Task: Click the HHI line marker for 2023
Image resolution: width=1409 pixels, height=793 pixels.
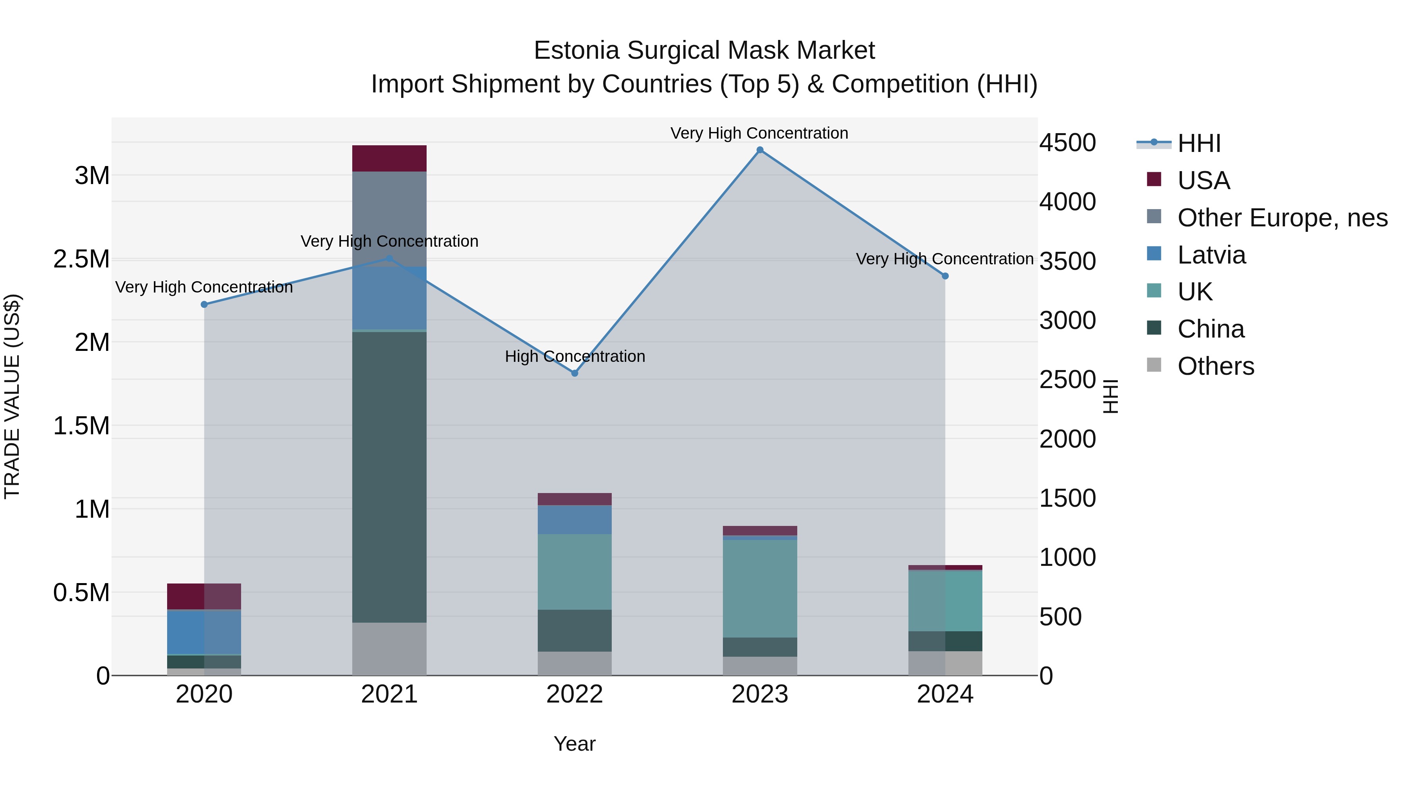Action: point(760,150)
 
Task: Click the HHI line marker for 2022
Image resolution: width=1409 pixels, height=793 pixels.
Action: point(574,373)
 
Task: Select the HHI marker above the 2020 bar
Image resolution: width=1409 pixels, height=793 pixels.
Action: point(204,304)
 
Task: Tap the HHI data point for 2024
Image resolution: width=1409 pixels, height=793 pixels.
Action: point(945,276)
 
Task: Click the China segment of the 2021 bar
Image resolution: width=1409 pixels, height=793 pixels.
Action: point(389,476)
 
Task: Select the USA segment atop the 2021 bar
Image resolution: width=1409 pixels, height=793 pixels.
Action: point(389,158)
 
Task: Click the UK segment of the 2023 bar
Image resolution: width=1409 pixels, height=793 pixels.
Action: point(760,588)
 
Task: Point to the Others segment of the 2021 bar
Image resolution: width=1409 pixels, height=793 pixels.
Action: point(389,648)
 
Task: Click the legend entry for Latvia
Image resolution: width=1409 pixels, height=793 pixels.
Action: point(1211,255)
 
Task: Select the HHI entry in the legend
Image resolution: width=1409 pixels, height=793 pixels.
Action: point(1198,143)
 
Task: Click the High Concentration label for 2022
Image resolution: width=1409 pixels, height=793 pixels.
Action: point(574,356)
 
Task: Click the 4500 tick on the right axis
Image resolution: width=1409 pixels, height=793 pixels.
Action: point(1067,143)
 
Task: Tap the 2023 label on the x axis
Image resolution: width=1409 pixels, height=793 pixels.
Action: point(760,694)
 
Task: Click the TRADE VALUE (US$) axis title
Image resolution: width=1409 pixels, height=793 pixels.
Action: point(12,396)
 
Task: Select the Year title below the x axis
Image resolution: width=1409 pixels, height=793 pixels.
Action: point(574,744)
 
